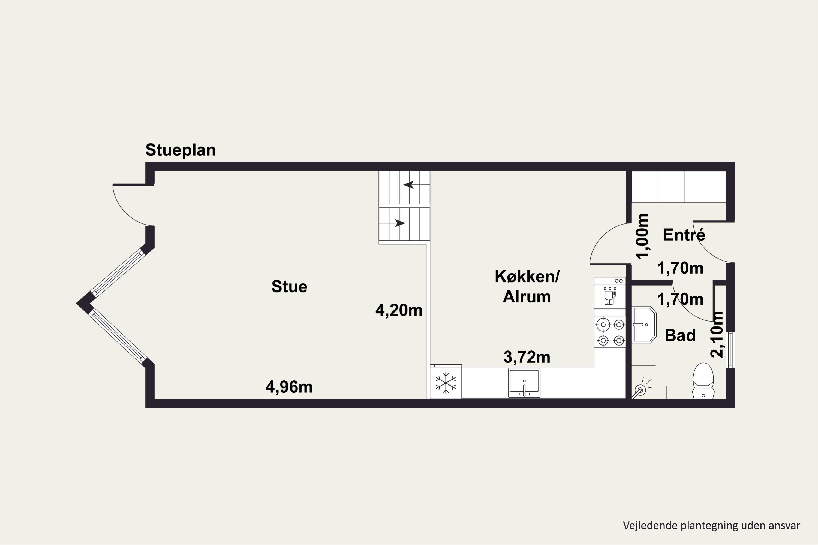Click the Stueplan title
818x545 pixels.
pos(181,150)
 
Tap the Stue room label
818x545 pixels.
pos(289,287)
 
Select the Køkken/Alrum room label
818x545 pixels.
pos(527,286)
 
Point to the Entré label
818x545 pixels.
pos(684,235)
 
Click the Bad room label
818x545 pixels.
pos(680,335)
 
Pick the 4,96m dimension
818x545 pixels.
pos(289,387)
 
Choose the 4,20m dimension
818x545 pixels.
pos(399,310)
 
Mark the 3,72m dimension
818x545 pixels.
pos(527,357)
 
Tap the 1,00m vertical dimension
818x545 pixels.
pos(642,236)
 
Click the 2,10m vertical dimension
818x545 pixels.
pos(717,334)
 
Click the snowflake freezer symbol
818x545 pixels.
pos(446,383)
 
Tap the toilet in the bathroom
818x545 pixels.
pos(703,381)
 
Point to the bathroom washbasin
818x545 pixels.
pos(644,325)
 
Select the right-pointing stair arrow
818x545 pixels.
pos(400,223)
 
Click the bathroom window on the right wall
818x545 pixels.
pos(731,349)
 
